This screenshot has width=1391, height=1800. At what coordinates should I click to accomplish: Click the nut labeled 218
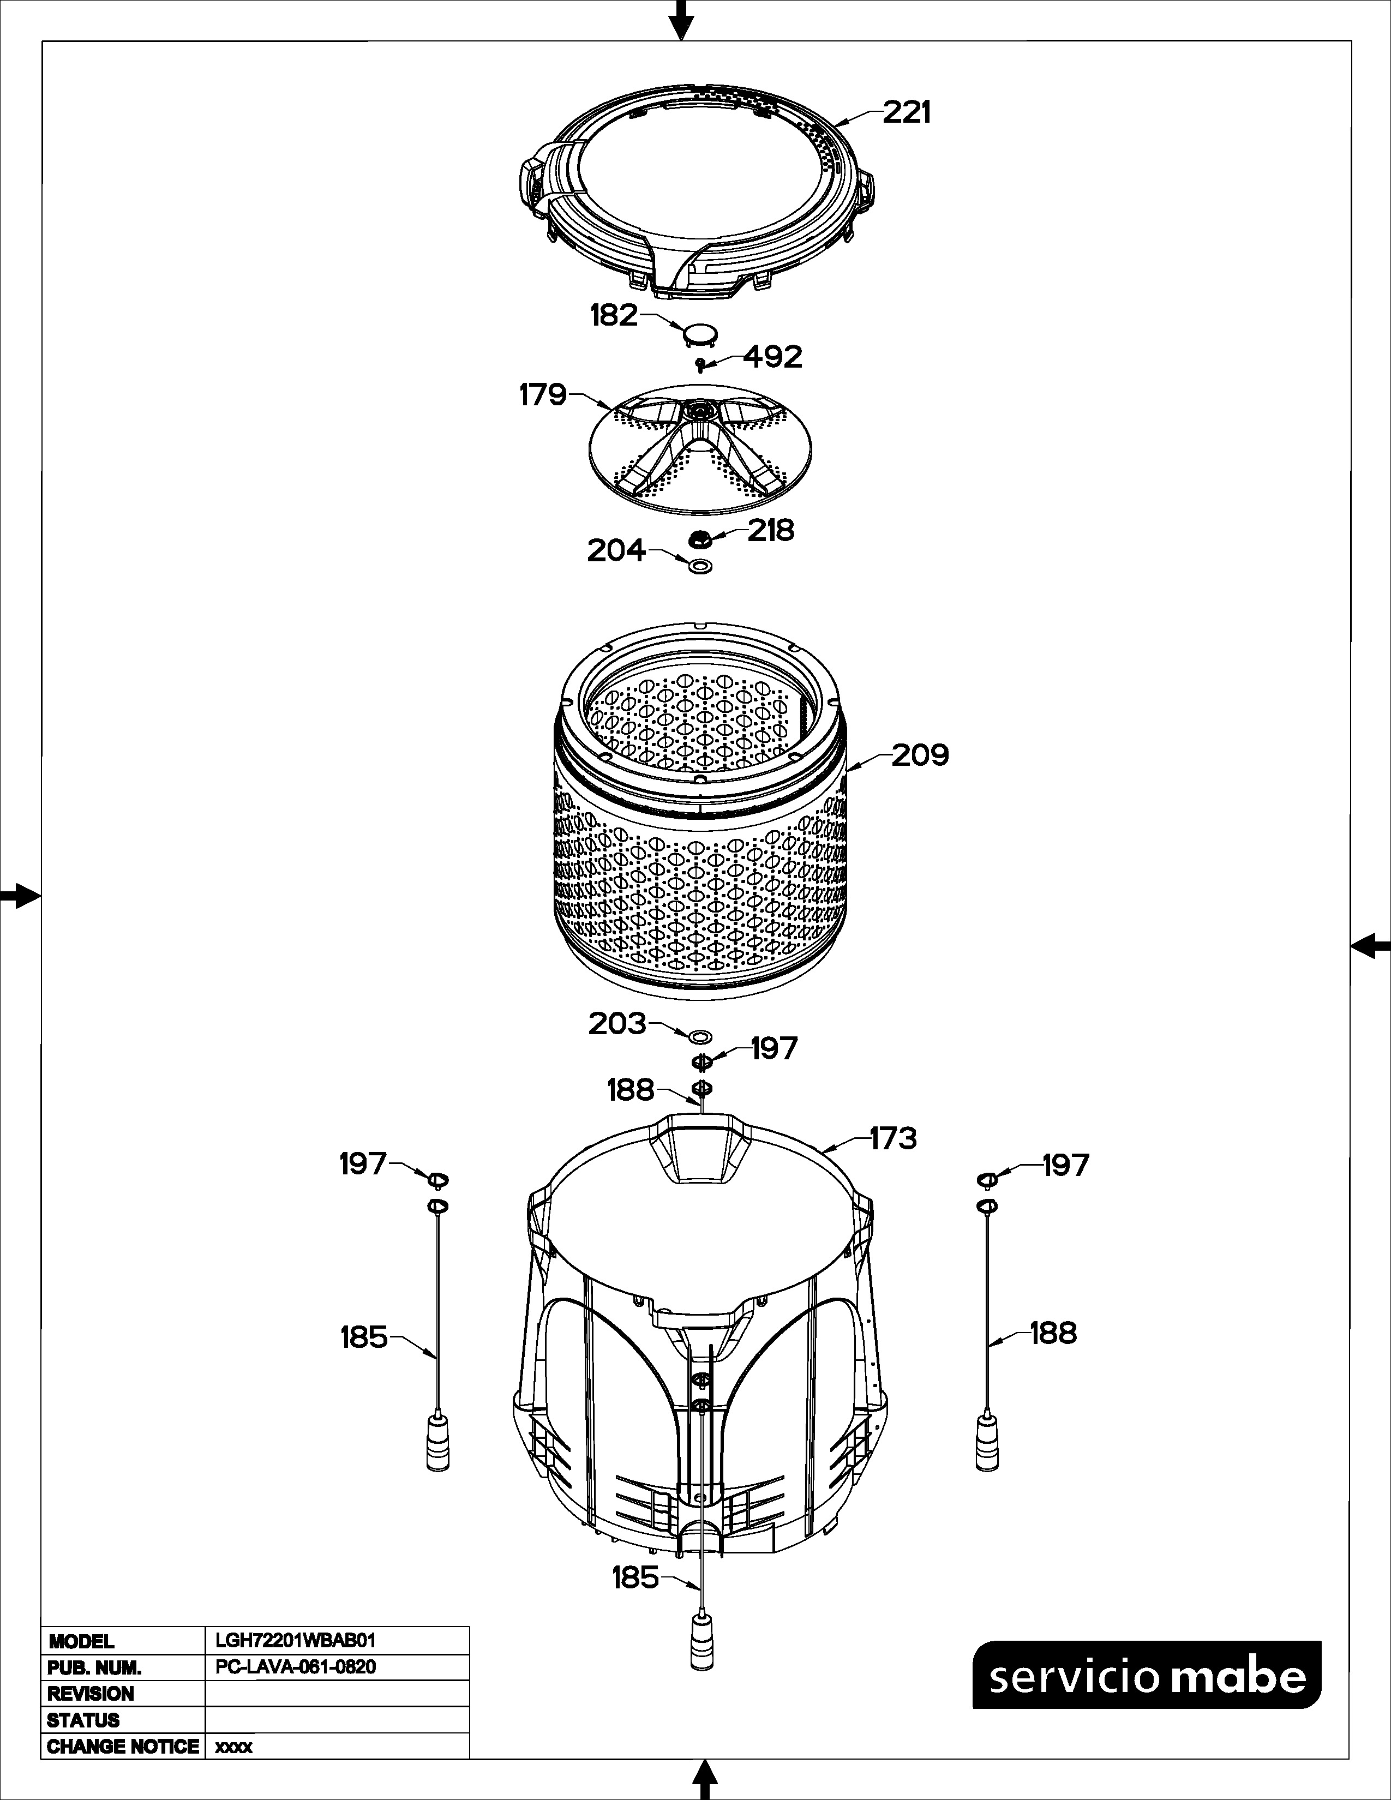coord(700,539)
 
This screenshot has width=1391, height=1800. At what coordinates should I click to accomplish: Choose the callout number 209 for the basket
coord(920,755)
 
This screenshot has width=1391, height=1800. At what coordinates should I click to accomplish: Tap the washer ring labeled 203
coord(700,1035)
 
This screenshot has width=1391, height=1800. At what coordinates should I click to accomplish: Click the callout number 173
coord(894,1139)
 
